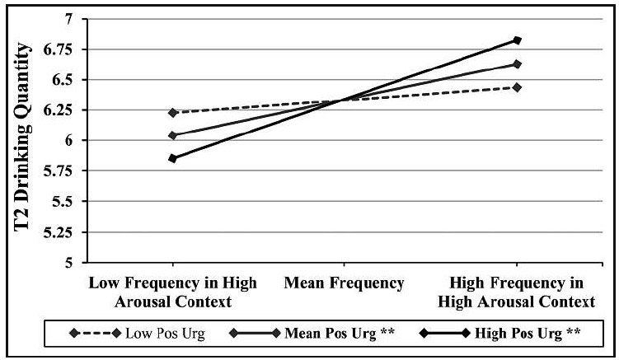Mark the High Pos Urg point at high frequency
[517, 40]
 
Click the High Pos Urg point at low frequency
[172, 158]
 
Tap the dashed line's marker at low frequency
[172, 112]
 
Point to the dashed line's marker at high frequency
[517, 86]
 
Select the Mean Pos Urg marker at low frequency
[172, 135]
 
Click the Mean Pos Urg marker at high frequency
[517, 63]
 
